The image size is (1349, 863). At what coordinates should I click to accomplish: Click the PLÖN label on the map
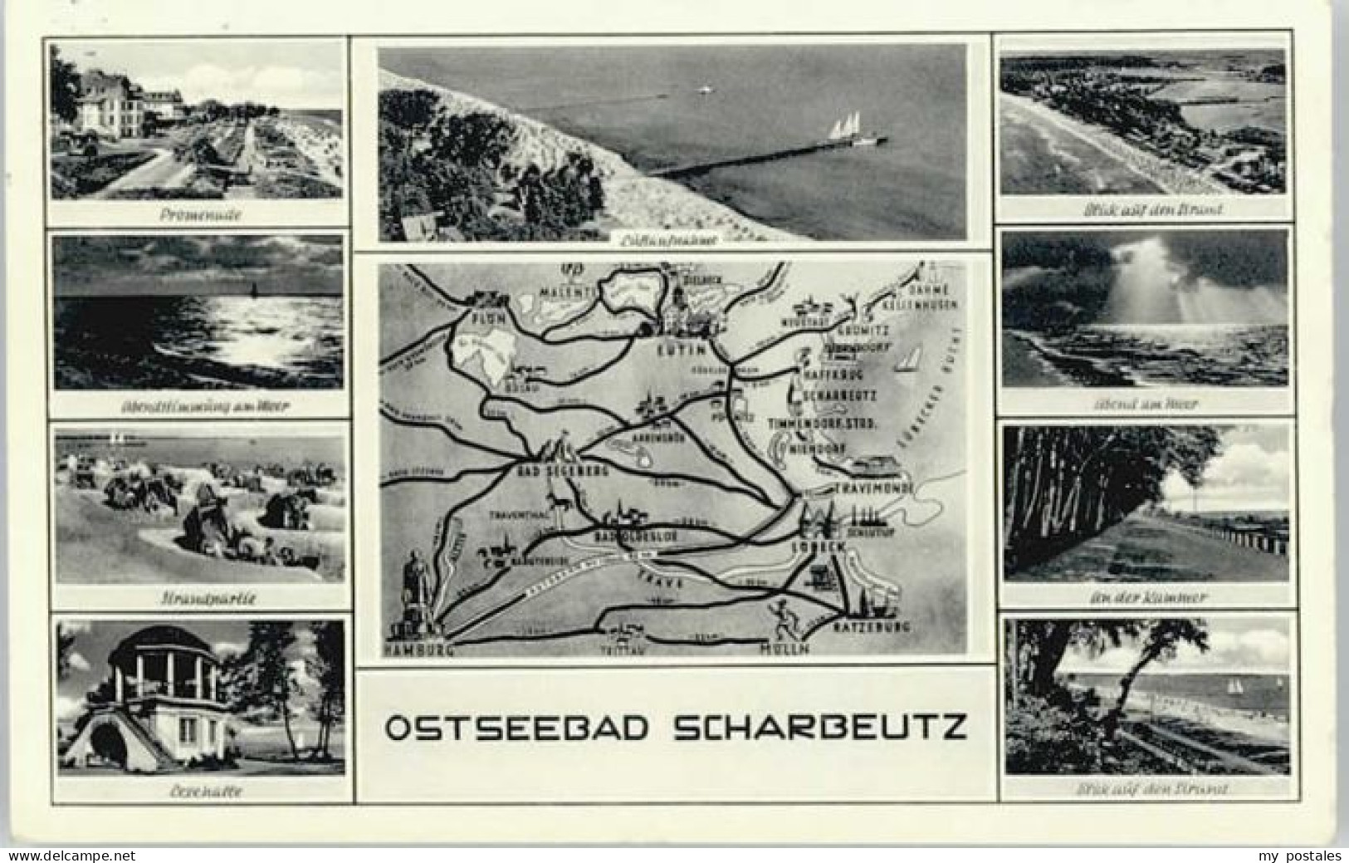482,317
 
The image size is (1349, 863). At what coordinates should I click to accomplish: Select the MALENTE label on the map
569,292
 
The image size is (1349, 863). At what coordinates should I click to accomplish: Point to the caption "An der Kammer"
1145,596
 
